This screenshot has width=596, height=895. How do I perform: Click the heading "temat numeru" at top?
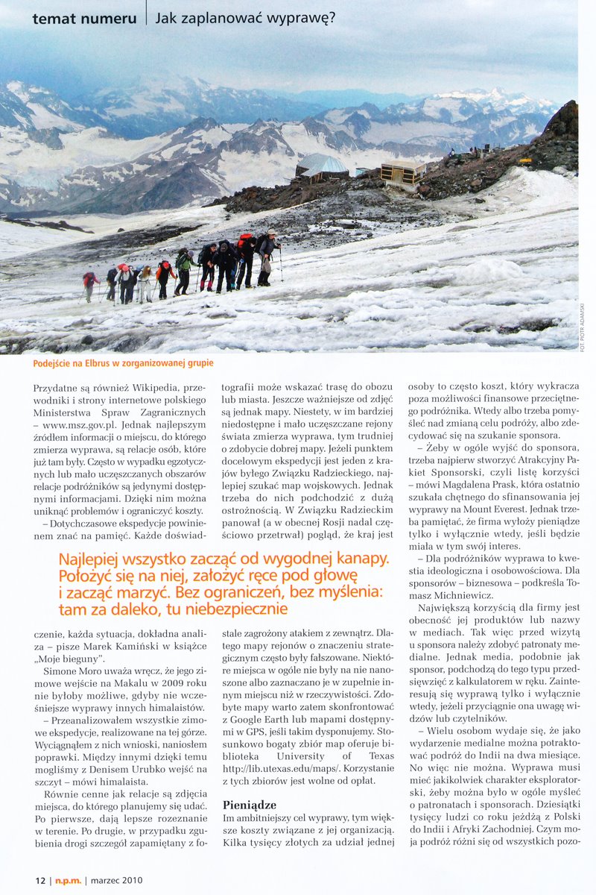point(84,19)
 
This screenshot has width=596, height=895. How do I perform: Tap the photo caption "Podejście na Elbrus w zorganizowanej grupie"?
point(124,363)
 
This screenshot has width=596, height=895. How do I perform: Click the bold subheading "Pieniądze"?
point(250,805)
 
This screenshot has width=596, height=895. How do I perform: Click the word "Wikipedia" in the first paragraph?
point(155,388)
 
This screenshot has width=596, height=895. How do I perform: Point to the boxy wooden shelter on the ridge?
point(402,172)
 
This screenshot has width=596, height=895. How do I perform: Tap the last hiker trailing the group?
point(90,284)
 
